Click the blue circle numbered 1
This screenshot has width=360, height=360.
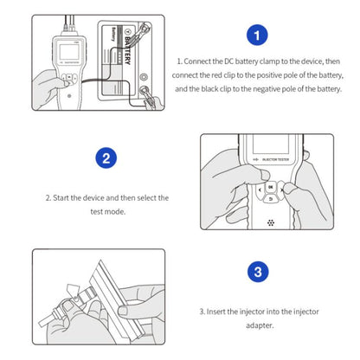click(x=257, y=35)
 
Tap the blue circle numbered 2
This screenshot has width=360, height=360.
click(x=106, y=157)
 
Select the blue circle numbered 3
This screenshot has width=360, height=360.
click(x=258, y=272)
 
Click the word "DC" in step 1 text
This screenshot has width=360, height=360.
click(x=228, y=61)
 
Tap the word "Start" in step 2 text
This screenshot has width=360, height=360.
click(x=61, y=198)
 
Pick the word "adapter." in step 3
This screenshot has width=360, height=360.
click(x=260, y=325)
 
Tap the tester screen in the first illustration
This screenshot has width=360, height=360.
click(x=69, y=50)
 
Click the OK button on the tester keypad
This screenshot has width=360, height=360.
click(x=271, y=187)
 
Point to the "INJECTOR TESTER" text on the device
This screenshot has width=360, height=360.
click(x=275, y=159)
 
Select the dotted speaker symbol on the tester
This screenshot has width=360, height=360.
click(x=271, y=222)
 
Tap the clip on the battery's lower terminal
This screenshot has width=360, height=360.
click(x=150, y=97)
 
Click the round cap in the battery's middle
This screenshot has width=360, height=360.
click(x=144, y=77)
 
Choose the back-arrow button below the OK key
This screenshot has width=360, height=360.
click(x=271, y=199)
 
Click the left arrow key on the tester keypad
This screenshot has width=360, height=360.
click(x=260, y=190)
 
